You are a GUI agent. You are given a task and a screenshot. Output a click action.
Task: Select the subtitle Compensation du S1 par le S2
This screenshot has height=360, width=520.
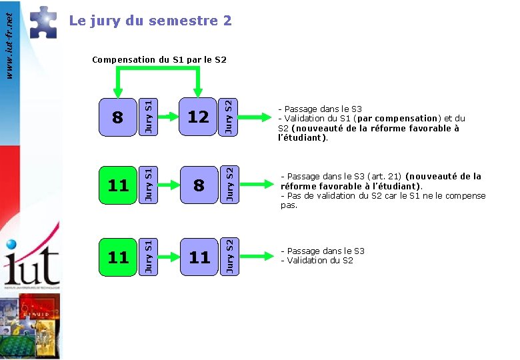coord(159,60)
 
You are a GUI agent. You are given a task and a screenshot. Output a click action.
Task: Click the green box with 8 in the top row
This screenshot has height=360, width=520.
coord(118,117)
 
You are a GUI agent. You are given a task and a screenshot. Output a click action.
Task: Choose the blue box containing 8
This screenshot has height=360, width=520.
coord(198,185)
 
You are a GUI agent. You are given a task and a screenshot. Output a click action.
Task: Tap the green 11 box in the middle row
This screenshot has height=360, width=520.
coord(118,185)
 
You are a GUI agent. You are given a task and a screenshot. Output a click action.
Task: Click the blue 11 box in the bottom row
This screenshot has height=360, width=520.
coord(198,257)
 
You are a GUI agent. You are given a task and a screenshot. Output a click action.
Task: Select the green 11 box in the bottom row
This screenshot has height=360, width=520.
coord(118,257)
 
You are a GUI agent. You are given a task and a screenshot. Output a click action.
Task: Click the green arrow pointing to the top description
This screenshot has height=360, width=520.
coord(255,118)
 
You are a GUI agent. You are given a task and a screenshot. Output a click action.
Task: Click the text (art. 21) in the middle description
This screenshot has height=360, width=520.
coord(383,177)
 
